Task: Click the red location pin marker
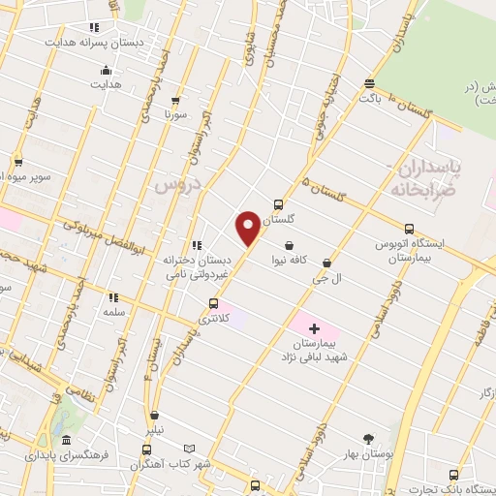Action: click(248, 228)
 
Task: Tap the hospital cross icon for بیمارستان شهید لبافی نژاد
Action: click(314, 329)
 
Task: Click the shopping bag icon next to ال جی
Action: click(326, 263)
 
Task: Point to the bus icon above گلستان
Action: click(279, 204)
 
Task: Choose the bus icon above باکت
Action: click(368, 83)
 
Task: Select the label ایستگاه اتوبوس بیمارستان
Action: click(410, 252)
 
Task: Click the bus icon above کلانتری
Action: click(213, 303)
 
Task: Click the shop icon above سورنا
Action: click(175, 99)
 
